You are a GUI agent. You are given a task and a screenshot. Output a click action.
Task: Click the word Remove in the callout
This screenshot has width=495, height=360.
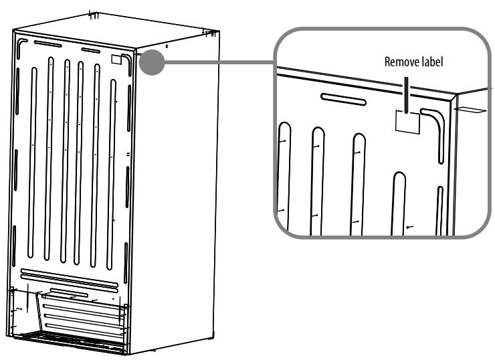[x=399, y=62]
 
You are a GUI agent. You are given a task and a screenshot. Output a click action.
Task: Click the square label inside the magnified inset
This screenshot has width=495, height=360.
[x=408, y=120]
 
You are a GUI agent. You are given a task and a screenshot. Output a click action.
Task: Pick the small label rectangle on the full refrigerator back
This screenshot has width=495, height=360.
[x=116, y=59]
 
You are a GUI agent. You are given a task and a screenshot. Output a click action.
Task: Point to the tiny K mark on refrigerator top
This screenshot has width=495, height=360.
[x=167, y=48]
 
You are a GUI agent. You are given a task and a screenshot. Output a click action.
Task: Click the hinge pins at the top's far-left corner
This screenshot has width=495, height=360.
[x=94, y=14]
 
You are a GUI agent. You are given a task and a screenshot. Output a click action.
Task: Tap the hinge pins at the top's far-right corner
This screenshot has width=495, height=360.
[x=207, y=31]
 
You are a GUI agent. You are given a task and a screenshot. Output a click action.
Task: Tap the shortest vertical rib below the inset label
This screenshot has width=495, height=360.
[x=399, y=201]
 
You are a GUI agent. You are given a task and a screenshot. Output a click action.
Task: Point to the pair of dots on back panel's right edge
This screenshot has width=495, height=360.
[x=127, y=154]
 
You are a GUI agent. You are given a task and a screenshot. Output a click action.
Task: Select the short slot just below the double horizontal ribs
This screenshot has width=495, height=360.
[x=68, y=293]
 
